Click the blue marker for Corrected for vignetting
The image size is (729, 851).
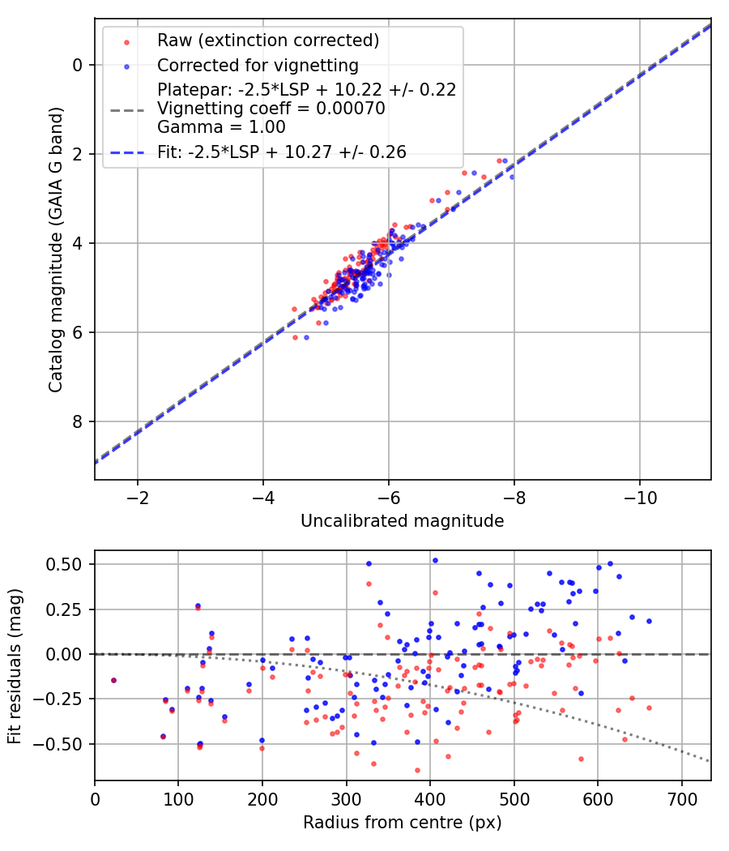(x=126, y=65)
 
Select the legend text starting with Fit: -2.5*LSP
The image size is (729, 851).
(x=282, y=152)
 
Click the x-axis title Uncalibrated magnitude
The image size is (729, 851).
(x=402, y=521)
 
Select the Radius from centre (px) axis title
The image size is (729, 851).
(x=402, y=823)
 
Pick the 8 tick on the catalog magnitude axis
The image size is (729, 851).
(x=78, y=421)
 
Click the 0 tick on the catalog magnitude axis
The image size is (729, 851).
(x=78, y=65)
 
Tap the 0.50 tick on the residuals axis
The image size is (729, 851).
(x=67, y=564)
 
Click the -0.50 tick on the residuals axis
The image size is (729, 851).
(x=64, y=743)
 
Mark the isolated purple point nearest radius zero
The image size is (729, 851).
(x=113, y=680)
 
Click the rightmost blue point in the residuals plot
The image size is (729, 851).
(x=649, y=621)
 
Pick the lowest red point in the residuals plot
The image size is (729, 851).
(x=417, y=770)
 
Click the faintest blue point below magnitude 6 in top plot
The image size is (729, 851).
(x=306, y=337)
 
